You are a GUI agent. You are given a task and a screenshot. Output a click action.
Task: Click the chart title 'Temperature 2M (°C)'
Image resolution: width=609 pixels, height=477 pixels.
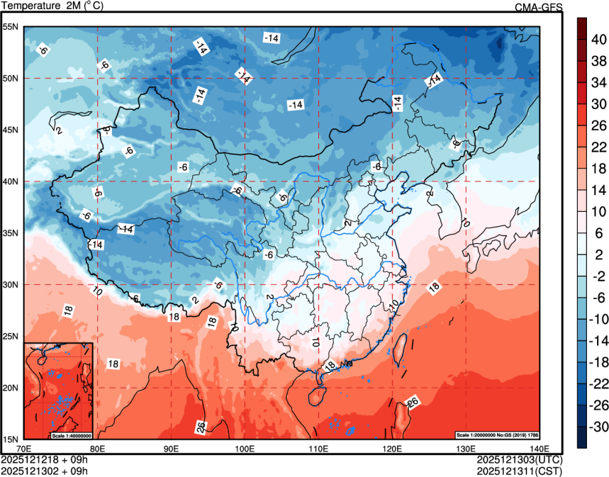(52, 6)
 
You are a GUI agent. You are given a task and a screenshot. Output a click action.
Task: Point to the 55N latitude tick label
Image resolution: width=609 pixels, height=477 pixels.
(11, 27)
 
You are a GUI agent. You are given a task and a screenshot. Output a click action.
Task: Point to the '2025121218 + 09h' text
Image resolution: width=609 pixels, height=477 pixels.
(44, 460)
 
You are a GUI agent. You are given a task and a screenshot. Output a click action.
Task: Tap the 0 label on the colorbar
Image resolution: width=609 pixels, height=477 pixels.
(598, 266)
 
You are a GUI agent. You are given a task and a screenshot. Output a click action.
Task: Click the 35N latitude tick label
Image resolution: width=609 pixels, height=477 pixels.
(11, 233)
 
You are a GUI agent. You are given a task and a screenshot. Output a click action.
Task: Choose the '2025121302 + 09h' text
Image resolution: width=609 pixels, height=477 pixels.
(44, 471)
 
